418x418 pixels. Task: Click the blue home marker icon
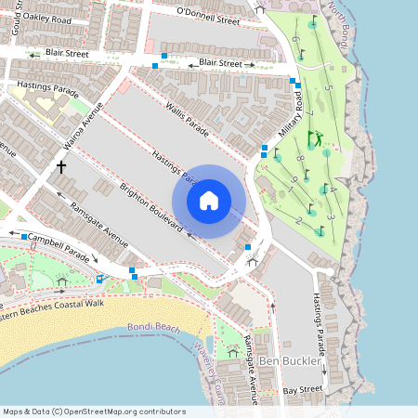[x=209, y=200]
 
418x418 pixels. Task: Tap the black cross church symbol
[x=61, y=167]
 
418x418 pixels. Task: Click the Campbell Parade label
[x=59, y=245]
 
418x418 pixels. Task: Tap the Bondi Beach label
[x=153, y=328]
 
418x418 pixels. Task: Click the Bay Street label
[x=303, y=390]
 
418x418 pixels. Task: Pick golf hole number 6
[x=295, y=38]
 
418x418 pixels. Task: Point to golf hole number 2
[x=298, y=220]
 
